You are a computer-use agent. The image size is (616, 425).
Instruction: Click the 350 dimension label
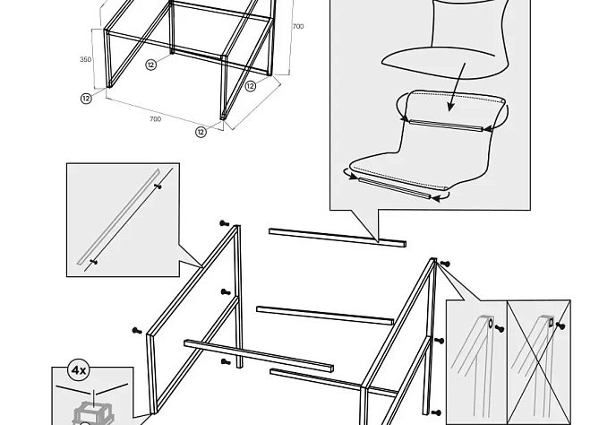[x=85, y=59]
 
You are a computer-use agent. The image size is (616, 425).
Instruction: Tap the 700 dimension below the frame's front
[x=155, y=119]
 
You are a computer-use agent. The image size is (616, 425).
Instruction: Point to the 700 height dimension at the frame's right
[x=298, y=26]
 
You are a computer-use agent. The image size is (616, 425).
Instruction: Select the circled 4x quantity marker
[x=79, y=370]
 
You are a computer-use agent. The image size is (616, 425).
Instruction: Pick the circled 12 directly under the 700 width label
[x=201, y=132]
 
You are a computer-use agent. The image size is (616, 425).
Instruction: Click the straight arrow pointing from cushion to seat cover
[x=458, y=87]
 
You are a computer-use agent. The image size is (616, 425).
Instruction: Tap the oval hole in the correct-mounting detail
[x=491, y=324]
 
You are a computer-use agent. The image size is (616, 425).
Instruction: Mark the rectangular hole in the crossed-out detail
[x=552, y=323]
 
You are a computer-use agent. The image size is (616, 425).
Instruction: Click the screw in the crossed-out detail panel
[x=560, y=325]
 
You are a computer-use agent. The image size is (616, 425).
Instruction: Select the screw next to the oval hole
[x=500, y=328]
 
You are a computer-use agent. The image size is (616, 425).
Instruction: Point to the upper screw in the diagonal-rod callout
[x=158, y=186]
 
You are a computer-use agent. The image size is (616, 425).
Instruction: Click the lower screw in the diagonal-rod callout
[x=93, y=261]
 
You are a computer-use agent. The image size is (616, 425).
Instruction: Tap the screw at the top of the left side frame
[x=225, y=223]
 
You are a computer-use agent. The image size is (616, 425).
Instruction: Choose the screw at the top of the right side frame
[x=445, y=264]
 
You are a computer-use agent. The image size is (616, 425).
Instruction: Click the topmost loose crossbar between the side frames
[x=338, y=238]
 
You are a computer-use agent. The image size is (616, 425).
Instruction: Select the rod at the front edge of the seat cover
[x=395, y=188]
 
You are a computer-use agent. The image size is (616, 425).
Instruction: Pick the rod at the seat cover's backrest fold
[x=446, y=126]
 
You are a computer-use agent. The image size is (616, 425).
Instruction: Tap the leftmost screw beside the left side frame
[x=137, y=331]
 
